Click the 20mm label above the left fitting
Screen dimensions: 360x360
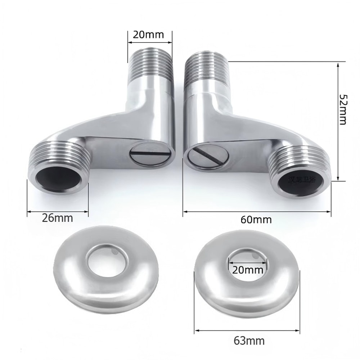click(x=148, y=35)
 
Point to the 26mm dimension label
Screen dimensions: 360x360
click(x=58, y=218)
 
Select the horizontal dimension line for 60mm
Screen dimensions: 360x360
click(x=257, y=211)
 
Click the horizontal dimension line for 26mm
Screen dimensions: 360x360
click(x=58, y=211)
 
